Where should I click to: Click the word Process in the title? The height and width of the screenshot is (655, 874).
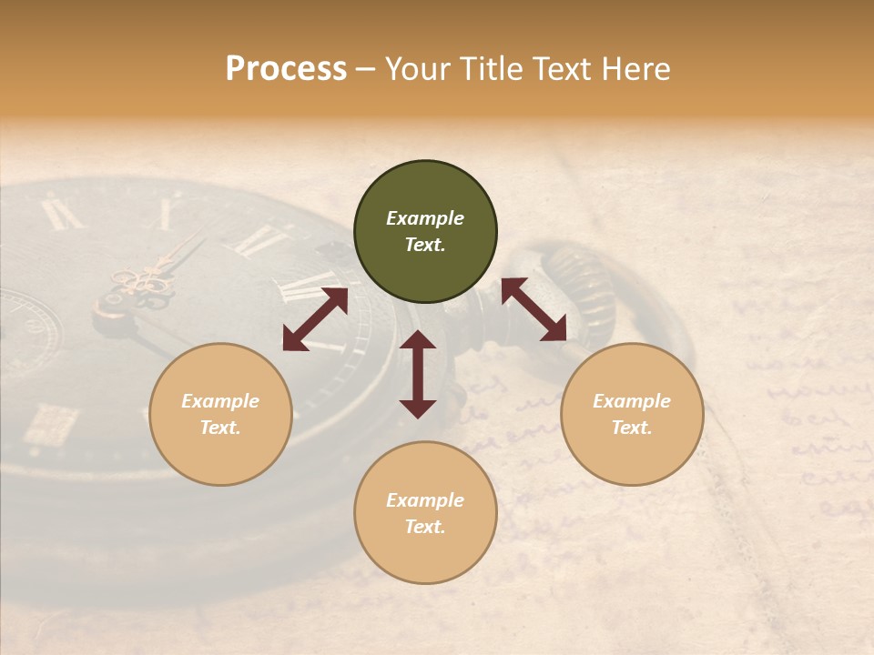(286, 69)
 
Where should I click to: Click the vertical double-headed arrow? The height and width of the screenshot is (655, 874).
(418, 374)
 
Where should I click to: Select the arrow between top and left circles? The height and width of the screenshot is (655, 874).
(315, 319)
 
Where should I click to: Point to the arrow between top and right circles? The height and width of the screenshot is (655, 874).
(534, 309)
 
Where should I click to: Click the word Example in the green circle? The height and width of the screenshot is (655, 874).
(425, 218)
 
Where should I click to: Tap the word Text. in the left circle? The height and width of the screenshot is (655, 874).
(220, 428)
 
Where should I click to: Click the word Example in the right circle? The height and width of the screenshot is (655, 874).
(632, 401)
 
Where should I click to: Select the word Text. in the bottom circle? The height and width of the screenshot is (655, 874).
(425, 527)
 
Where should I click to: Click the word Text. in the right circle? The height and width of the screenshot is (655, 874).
(632, 428)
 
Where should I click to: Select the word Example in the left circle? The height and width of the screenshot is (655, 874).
(220, 401)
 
